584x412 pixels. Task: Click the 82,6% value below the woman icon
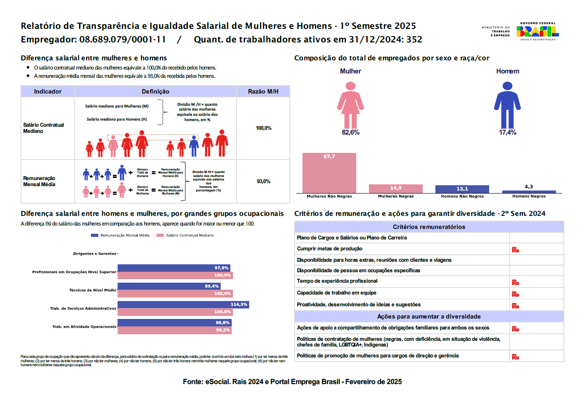pos(350,132)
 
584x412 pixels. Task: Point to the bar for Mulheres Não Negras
pos(329,173)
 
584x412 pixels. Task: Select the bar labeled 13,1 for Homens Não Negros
pos(462,189)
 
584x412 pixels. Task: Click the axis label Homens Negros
pos(528,196)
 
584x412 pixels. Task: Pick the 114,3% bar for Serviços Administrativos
pos(183,305)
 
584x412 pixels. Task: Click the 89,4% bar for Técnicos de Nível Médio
pos(169,286)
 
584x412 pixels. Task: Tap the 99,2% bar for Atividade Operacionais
pos(174,330)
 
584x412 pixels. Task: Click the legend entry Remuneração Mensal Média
pos(121,235)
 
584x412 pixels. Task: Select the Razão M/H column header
pos(263,91)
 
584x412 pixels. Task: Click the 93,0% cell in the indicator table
pos(263,181)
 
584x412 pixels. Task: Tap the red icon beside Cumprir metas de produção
pos(515,250)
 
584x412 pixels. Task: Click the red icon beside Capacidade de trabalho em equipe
pos(515,294)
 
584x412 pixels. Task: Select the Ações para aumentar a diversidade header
pos(429,316)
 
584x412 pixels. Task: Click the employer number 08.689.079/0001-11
pos(123,40)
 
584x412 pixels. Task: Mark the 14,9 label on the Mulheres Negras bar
pos(396,188)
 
